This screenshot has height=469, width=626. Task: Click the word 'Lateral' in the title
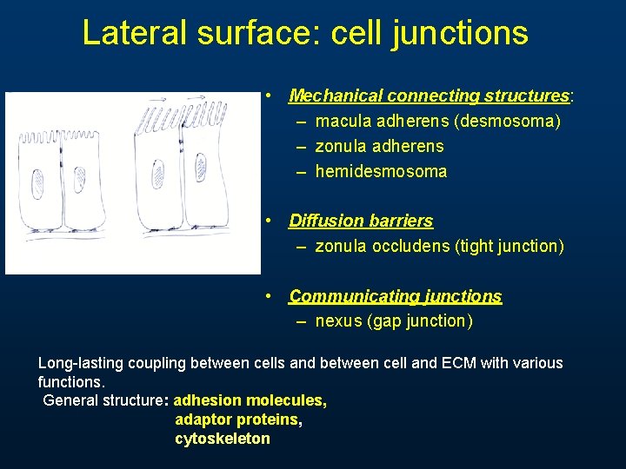(x=133, y=33)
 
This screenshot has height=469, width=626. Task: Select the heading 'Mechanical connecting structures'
(x=429, y=96)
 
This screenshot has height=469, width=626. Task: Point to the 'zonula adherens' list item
(x=379, y=146)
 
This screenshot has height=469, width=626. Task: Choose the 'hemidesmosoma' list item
(x=381, y=171)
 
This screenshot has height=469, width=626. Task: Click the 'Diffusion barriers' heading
(x=361, y=221)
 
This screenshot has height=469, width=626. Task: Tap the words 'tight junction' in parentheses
(x=509, y=246)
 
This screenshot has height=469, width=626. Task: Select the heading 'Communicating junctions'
(x=396, y=296)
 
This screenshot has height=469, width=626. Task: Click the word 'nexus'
(x=339, y=321)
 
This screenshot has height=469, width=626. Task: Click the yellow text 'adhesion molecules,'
(x=250, y=400)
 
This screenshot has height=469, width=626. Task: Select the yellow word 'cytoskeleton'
(x=223, y=439)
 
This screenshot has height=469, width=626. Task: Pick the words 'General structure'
(x=103, y=400)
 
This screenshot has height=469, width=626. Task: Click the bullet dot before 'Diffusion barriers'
(x=271, y=221)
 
